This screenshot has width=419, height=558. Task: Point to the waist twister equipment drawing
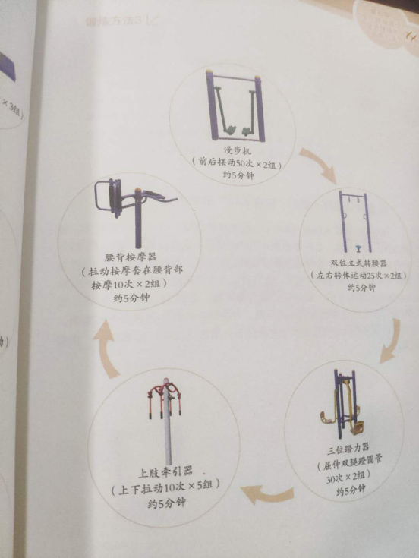[354, 220]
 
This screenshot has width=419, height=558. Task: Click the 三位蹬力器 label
[350, 452]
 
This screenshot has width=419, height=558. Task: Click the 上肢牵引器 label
[162, 471]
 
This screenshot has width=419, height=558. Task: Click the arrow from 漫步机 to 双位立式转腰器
[317, 165]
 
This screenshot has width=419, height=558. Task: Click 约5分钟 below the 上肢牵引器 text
[162, 501]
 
